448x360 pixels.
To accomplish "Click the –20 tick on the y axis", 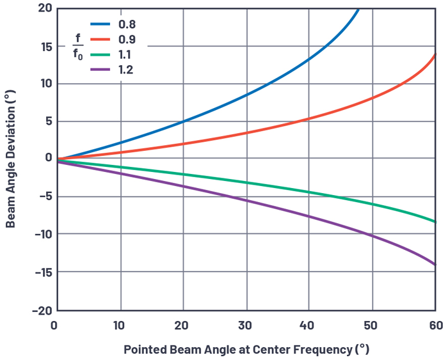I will [x=40, y=310].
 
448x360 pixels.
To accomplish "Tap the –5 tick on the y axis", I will [x=42, y=197].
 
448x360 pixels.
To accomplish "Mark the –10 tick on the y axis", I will [x=40, y=235].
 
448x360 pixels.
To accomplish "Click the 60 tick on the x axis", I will [x=435, y=325].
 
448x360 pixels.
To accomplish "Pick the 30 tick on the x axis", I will [x=246, y=325].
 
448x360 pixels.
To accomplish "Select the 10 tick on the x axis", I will [x=120, y=325].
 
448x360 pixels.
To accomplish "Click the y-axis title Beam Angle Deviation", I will [x=10, y=159].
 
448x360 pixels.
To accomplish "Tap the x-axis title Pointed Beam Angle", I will [x=246, y=349].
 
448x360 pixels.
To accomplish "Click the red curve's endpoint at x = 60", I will [x=435, y=55].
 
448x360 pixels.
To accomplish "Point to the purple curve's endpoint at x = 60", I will [x=435, y=264].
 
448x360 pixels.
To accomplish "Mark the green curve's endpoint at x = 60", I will [x=435, y=222].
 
